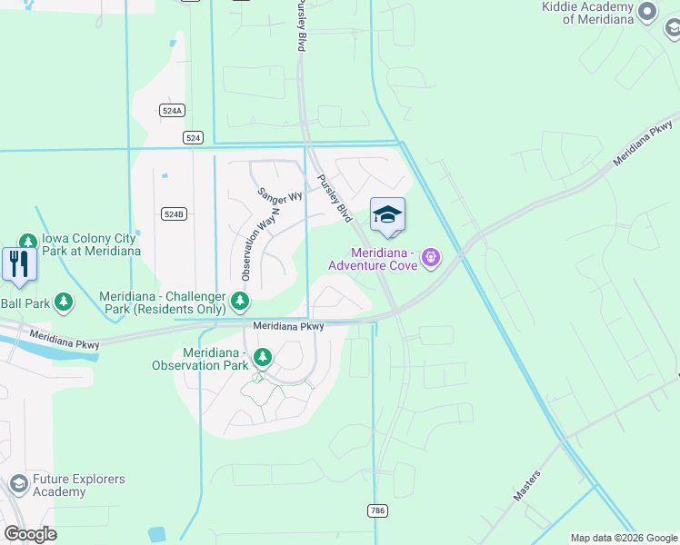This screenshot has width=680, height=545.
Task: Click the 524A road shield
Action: pyautogui.click(x=172, y=110)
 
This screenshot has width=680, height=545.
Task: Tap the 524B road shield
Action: pyautogui.click(x=174, y=214)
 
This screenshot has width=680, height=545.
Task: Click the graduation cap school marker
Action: pyautogui.click(x=387, y=216)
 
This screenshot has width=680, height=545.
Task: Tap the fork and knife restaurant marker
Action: pyautogui.click(x=19, y=263)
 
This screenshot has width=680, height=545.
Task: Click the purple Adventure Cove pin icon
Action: pyautogui.click(x=431, y=259)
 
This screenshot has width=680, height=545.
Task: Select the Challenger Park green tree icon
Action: pyautogui.click(x=239, y=300)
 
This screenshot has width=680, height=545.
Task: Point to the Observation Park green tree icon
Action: pyautogui.click(x=262, y=358)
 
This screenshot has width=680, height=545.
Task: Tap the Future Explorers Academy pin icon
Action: pyautogui.click(x=18, y=485)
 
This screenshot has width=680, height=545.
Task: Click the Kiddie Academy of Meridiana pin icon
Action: pyautogui.click(x=647, y=11)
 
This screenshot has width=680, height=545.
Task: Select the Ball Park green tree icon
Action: pyautogui.click(x=63, y=302)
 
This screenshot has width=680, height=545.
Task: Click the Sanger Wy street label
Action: pyautogui.click(x=279, y=195)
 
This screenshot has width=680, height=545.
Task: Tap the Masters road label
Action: pyautogui.click(x=526, y=485)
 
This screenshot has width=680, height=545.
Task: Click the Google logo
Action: pyautogui.click(x=30, y=533)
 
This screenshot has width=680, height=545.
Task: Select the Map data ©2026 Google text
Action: pyautogui.click(x=623, y=538)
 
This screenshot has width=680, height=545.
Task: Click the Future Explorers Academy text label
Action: pyautogui.click(x=73, y=485)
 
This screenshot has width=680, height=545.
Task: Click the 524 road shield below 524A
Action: pyautogui.click(x=192, y=137)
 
